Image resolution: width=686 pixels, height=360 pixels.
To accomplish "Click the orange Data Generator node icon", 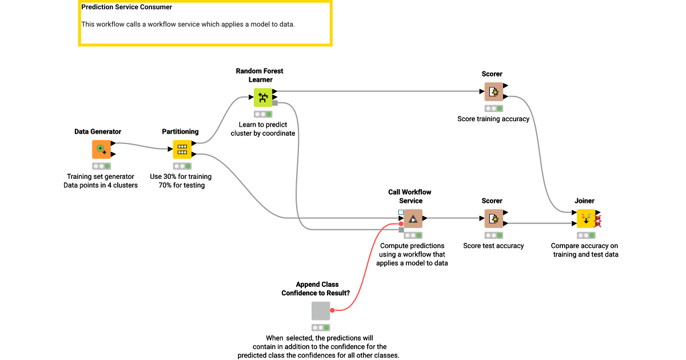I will (x=101, y=149).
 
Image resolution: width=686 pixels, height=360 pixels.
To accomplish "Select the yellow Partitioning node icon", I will (x=182, y=149).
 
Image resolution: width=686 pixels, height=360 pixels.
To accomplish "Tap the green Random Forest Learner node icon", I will (x=263, y=97).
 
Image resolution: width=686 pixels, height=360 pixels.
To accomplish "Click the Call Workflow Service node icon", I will (x=413, y=218).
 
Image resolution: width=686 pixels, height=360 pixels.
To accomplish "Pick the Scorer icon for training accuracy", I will (x=493, y=91).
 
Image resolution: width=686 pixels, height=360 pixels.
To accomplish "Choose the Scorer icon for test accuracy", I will (x=493, y=218).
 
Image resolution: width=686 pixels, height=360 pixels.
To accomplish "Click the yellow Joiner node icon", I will (x=586, y=218).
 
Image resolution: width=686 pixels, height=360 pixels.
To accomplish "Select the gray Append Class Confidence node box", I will (x=321, y=311).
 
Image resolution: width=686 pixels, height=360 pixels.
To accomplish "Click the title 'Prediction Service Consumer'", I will (x=126, y=7).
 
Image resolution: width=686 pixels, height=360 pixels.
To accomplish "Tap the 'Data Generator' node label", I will (x=98, y=131).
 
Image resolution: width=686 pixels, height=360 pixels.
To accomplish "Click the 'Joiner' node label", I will (x=584, y=201).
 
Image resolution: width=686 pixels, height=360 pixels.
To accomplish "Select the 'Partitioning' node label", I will (x=180, y=131).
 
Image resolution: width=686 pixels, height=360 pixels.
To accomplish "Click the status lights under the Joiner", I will (x=586, y=235).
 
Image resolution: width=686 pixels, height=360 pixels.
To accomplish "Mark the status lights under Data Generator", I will (x=101, y=166).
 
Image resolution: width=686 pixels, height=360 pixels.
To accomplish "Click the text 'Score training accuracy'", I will (x=493, y=119).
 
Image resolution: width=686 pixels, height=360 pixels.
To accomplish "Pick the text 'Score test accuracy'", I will (x=493, y=246).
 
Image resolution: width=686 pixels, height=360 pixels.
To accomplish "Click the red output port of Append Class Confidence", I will (x=332, y=310).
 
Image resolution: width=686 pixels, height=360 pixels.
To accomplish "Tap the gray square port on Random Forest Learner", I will (x=275, y=103).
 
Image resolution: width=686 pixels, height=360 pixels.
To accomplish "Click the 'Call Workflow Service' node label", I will (x=410, y=197).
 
